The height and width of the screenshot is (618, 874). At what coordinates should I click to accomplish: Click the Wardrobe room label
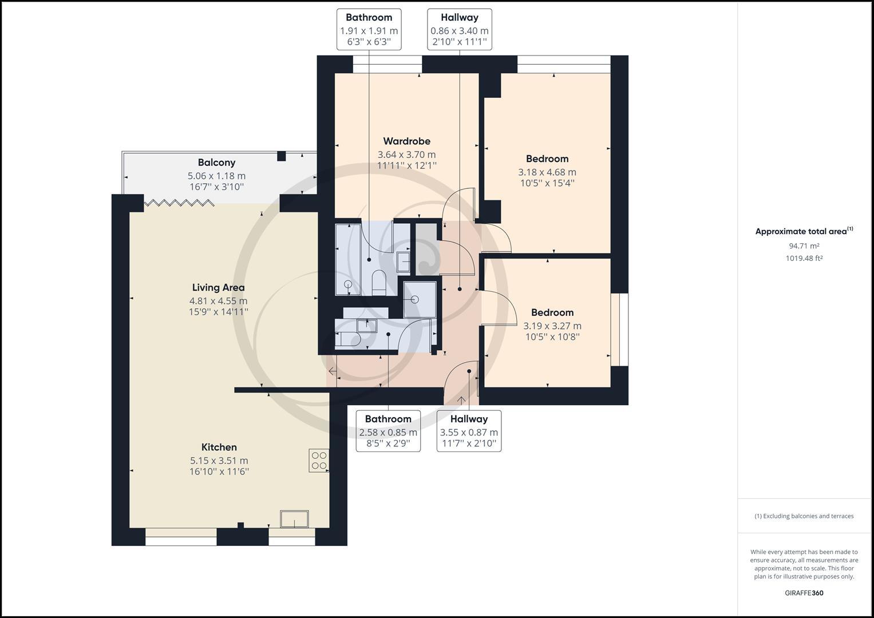[x=406, y=141]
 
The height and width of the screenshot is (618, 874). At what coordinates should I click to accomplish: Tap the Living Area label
[x=219, y=287]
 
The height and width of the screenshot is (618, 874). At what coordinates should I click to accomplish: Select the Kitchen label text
[x=219, y=447]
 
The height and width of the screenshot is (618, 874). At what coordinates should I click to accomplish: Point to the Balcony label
[x=216, y=163]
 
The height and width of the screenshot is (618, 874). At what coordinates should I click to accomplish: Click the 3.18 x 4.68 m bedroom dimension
[x=547, y=172]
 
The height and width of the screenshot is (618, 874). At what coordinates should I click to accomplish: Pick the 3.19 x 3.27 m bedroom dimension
[x=552, y=326]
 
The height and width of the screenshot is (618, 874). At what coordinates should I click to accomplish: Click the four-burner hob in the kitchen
[x=319, y=461]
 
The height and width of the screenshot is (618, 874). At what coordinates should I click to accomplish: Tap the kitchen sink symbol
[x=294, y=519]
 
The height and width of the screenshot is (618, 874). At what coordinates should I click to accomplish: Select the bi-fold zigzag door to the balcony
[x=179, y=202]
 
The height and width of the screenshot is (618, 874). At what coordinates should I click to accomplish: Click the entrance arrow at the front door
[x=461, y=400]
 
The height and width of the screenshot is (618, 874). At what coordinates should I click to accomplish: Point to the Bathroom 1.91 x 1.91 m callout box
[x=369, y=30]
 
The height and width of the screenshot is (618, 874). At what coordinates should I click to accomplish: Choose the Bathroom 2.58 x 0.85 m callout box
[x=388, y=431]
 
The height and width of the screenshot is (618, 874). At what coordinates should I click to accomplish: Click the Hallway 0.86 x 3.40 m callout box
[x=460, y=30]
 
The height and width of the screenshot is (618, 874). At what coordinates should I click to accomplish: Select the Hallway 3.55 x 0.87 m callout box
[x=469, y=431]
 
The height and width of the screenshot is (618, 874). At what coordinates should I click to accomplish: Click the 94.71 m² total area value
[x=804, y=246]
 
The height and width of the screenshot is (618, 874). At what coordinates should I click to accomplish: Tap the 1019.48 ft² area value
[x=804, y=258]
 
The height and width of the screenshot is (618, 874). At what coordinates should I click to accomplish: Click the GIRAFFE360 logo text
[x=804, y=593]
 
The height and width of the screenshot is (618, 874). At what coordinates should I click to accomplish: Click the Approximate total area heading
[x=804, y=231]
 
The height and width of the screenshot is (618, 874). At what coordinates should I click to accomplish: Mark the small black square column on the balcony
[x=282, y=156]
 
